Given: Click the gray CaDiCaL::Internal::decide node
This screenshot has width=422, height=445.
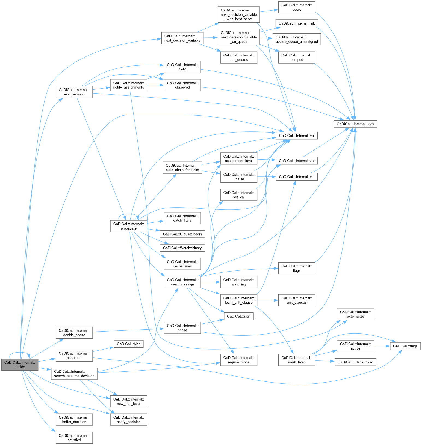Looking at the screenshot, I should pos(20,365).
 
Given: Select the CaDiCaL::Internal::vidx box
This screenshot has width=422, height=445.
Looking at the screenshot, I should pos(355,124).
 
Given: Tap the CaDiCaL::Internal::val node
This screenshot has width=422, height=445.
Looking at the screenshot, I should pos(297,136).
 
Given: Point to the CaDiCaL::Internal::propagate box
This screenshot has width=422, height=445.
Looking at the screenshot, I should pos(129,226).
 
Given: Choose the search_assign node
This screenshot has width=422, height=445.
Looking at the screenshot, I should pos(182,282).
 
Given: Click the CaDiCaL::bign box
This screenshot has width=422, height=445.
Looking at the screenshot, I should pos(129,344).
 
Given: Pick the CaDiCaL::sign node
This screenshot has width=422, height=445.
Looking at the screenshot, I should pos(238,316).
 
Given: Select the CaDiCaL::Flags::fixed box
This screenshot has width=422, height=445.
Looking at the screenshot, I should pos(355,362).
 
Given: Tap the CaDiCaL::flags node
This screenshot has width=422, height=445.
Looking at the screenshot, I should pos(405,346).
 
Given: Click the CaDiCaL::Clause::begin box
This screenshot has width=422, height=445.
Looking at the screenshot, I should pos(182,234).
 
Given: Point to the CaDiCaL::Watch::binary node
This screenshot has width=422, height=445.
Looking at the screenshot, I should pos(182,248).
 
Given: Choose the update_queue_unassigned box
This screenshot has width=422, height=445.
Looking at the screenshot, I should pos(297,39).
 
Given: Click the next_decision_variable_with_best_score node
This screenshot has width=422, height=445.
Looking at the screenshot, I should pos(238,14).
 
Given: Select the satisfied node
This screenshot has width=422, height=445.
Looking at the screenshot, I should pos(74,438).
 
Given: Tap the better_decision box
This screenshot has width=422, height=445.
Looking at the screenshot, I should pos(74,419).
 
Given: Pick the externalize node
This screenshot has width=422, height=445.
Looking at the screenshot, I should pos(355,314).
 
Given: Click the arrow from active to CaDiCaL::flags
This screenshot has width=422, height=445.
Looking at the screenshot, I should pos(382,346).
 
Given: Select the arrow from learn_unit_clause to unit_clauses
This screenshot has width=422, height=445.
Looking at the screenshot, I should pos(268,300).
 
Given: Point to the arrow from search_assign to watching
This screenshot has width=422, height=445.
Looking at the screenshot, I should pos(210,282).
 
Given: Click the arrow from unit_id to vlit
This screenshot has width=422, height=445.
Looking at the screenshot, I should pos(267,177).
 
